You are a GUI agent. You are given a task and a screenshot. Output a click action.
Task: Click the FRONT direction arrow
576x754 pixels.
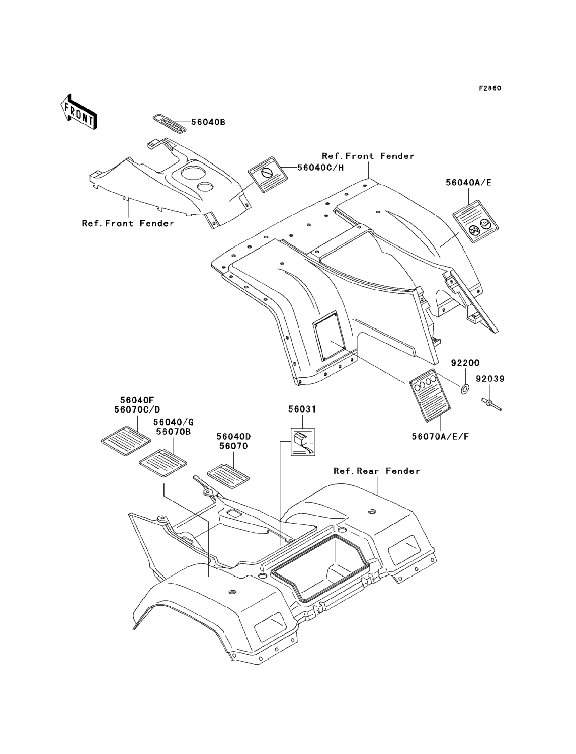tap(79, 112)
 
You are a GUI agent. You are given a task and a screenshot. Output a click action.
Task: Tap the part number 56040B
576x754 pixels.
tap(208, 122)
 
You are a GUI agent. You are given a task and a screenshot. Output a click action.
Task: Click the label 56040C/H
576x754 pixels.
tap(320, 168)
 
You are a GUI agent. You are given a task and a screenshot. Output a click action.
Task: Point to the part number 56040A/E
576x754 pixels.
tap(468, 183)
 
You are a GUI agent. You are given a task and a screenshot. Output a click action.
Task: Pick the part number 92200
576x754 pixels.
tap(465, 363)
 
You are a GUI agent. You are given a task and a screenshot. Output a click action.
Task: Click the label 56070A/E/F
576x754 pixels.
tap(440, 436)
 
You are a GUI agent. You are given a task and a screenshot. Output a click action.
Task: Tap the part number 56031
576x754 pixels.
tap(302, 409)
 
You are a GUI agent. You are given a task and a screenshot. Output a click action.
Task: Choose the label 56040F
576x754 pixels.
tap(137, 400)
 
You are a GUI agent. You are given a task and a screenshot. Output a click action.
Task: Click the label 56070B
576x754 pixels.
tap(173, 432)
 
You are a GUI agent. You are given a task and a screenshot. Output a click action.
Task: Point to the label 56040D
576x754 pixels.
tap(233, 436)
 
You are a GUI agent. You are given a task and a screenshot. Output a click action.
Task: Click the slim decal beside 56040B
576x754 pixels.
tap(169, 123)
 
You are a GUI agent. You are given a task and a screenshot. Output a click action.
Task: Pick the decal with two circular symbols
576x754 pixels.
tap(475, 222)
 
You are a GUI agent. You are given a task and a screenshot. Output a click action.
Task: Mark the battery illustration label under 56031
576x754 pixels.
tap(302, 442)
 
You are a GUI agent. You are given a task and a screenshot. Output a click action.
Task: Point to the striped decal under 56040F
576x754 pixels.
tap(126, 441)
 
